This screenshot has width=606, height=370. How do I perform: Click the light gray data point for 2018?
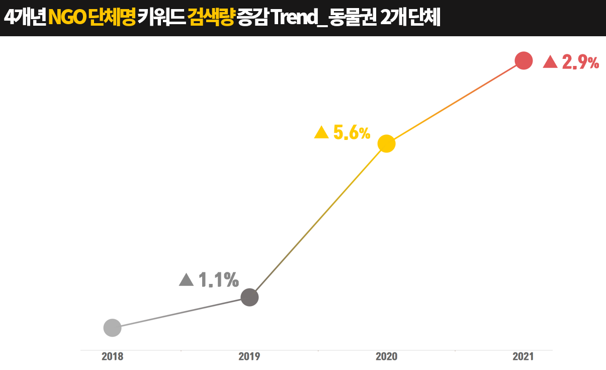pyautogui.click(x=112, y=328)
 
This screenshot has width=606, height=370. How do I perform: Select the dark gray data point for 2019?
pyautogui.click(x=249, y=298)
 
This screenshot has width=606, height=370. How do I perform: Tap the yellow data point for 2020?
pyautogui.click(x=386, y=144)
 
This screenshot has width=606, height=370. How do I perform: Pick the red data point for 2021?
pyautogui.click(x=524, y=61)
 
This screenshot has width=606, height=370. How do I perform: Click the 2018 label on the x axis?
pyautogui.click(x=112, y=357)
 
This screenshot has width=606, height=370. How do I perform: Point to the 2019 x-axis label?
pyautogui.click(x=249, y=357)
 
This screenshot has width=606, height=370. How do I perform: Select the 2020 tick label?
pyautogui.click(x=386, y=357)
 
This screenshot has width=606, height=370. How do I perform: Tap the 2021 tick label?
pyautogui.click(x=524, y=357)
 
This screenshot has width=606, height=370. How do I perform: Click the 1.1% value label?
pyautogui.click(x=218, y=280)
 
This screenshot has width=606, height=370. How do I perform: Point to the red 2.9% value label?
pyautogui.click(x=580, y=62)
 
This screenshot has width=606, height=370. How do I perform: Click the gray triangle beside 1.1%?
pyautogui.click(x=186, y=280)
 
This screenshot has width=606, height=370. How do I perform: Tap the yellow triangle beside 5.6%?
pyautogui.click(x=321, y=133)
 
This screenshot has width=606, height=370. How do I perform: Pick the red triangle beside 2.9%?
pyautogui.click(x=550, y=62)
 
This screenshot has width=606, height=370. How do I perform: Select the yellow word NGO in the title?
pyautogui.click(x=66, y=18)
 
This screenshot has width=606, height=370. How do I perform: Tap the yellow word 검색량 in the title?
pyautogui.click(x=211, y=18)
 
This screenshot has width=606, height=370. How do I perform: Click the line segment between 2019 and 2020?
pyautogui.click(x=318, y=220)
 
